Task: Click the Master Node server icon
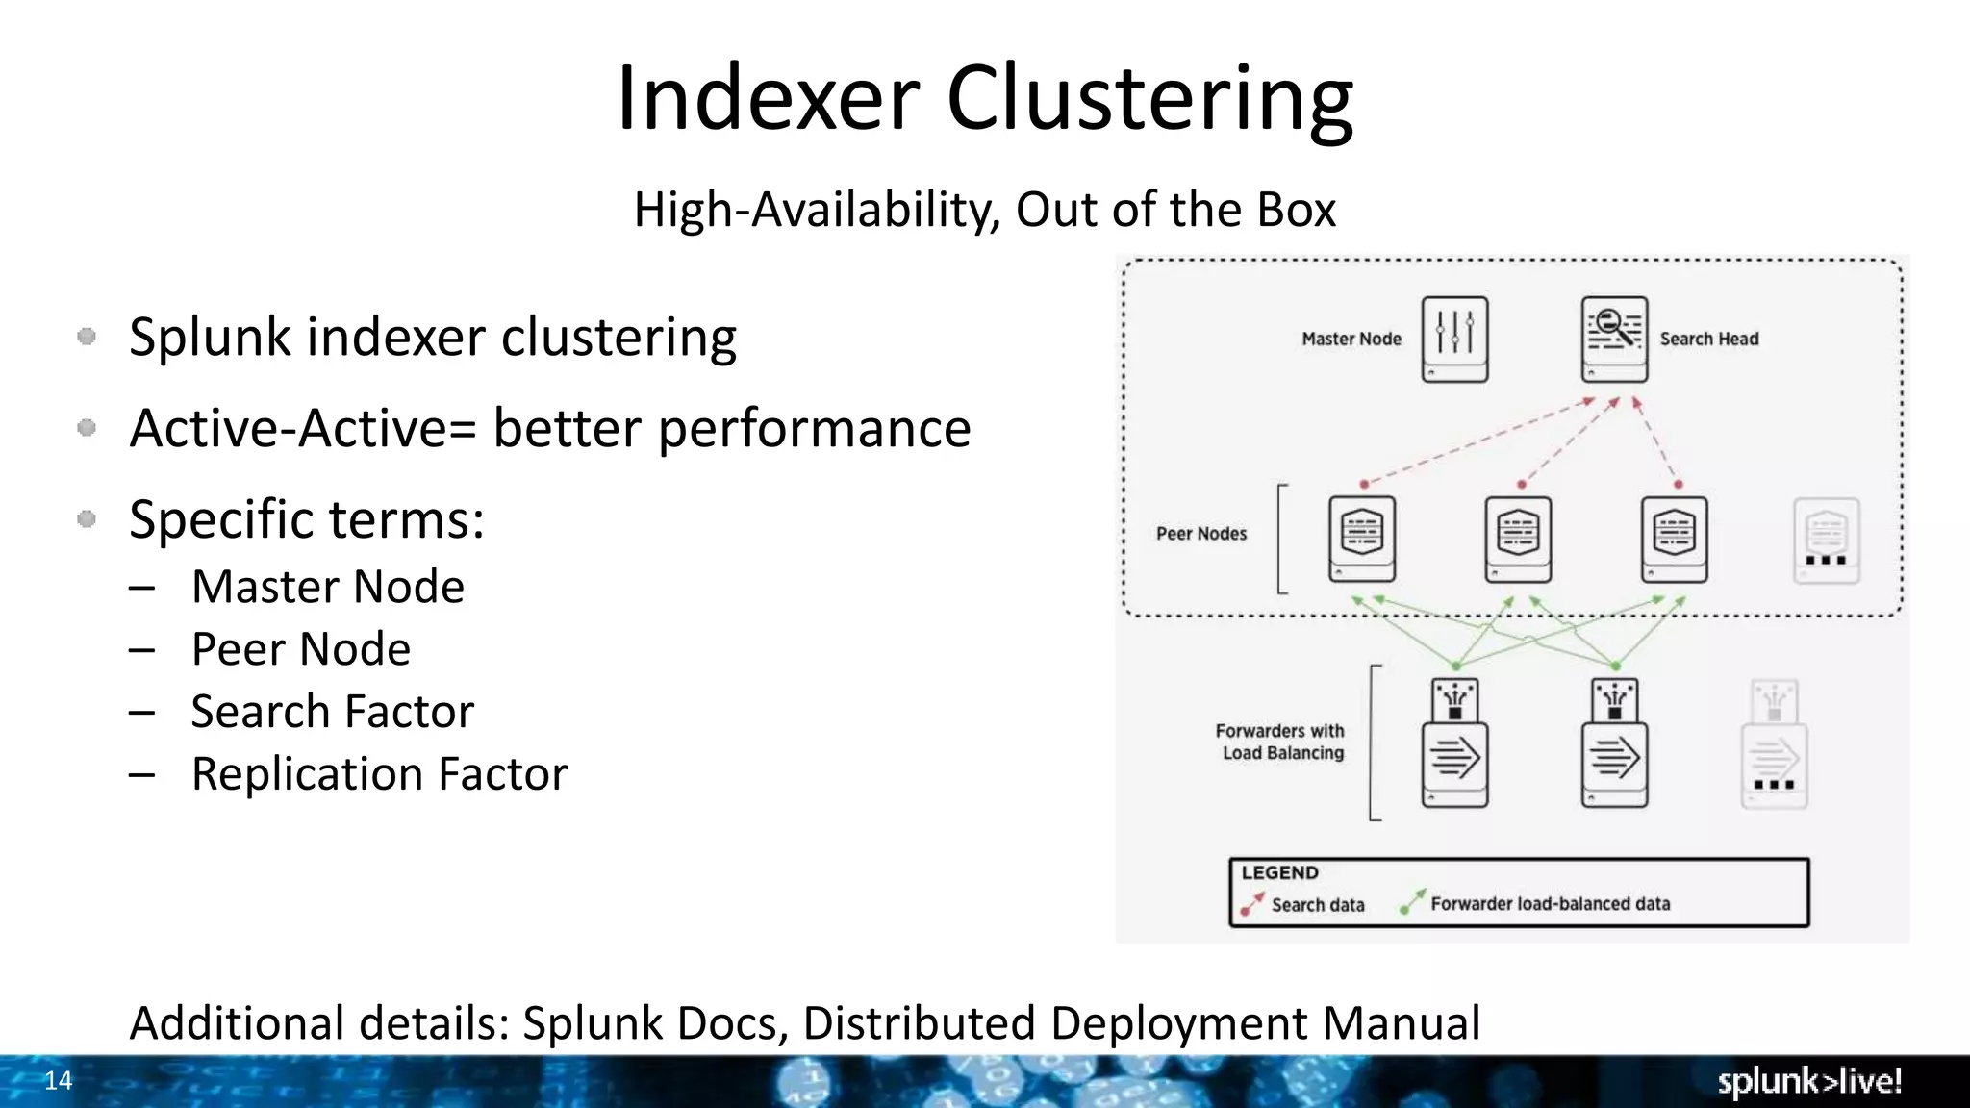click(1454, 339)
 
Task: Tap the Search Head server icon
click(1614, 339)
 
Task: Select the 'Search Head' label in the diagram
click(1708, 339)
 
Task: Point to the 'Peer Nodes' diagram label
click(1201, 534)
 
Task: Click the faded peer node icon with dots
click(1826, 540)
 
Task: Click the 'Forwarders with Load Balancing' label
click(1280, 742)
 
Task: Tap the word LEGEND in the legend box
click(1279, 872)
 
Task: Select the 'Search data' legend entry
click(1317, 905)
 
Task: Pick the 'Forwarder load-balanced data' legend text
click(1550, 904)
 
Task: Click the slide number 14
click(59, 1081)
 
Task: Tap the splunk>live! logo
click(1809, 1081)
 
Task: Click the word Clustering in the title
click(1149, 98)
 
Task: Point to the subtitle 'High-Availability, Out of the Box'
click(984, 210)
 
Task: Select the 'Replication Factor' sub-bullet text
click(379, 774)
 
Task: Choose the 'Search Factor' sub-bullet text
click(332, 712)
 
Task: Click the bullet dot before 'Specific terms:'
click(87, 519)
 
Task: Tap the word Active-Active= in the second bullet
click(303, 428)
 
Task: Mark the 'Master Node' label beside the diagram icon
click(1351, 339)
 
